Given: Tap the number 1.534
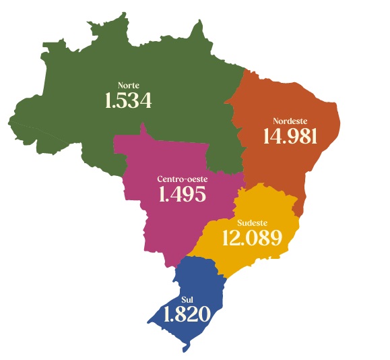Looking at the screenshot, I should coord(128,101).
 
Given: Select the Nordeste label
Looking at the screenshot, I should coord(289,120).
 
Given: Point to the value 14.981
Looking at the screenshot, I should coord(290,136).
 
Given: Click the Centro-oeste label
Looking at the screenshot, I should coord(182,179).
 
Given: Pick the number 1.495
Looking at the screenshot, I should coord(181,195).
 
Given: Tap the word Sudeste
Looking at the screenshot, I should coord(253,222).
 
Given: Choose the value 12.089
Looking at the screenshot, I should coord(251,238).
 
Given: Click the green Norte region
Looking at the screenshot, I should coord(168,61).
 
